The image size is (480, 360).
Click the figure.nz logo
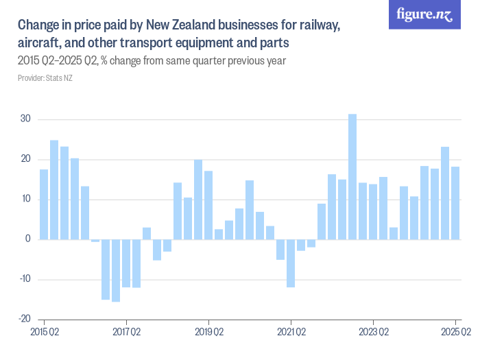424,14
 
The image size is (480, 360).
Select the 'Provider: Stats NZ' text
45,78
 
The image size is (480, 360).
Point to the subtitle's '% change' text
124,61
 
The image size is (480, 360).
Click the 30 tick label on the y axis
25,119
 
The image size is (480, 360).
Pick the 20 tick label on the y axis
25,159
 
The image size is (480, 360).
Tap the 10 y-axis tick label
25,200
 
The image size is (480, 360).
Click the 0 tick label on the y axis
27,239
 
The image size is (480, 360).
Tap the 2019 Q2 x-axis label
208,333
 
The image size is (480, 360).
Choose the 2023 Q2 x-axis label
373,333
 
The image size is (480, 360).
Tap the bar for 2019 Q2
208,205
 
